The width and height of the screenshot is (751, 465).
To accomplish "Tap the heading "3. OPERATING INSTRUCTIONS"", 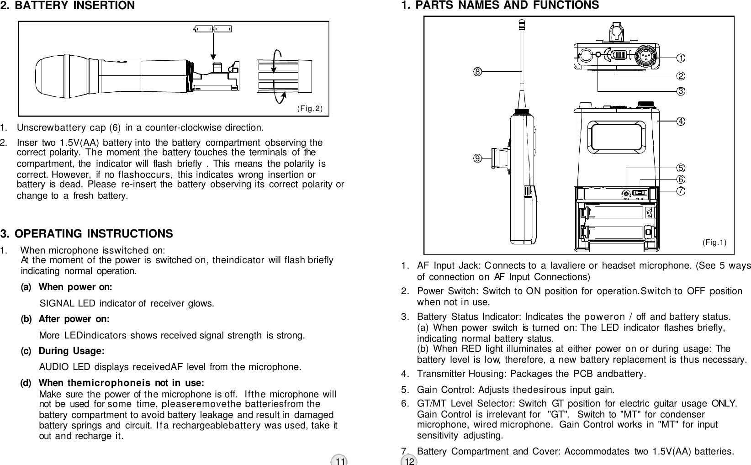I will pos(87,234).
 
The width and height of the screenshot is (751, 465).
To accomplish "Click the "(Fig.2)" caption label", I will pos(310,108).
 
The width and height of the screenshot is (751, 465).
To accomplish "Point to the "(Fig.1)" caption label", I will pos(714,242).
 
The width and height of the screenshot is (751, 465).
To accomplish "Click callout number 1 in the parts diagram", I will pos(681,58).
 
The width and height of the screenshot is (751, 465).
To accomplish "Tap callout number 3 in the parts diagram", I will pos(681,91).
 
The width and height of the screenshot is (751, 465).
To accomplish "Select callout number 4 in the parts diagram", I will pos(681,121).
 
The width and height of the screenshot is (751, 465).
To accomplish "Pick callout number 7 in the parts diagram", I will pos(681,190).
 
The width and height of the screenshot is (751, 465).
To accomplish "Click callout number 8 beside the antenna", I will pos(477,71).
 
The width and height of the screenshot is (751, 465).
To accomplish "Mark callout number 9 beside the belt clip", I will pos(477,158).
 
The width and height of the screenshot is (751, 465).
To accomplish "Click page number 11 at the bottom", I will pos(340,461).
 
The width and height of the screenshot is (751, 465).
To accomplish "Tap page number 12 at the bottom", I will pos(410,461).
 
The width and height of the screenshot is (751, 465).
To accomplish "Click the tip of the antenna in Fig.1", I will pos(522,21).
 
